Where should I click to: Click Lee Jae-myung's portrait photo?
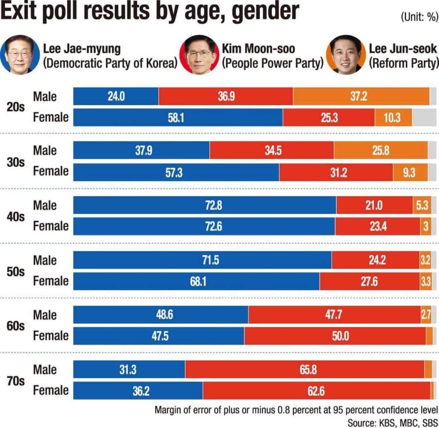pos(20,55)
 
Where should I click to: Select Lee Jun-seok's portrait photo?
pos(346,55)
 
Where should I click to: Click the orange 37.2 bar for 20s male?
pos(361,96)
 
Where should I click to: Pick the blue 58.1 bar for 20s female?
pos(178,117)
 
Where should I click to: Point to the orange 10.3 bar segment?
pos(393,117)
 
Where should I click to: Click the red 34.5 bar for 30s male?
pos(272,151)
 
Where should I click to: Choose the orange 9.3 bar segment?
pos(410,172)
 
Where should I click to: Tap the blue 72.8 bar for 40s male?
pos(204,205)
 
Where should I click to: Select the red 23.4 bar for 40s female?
pos(378,226)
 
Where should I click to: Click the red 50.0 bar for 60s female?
pos(335,336)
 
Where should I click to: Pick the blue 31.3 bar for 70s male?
pos(129,369)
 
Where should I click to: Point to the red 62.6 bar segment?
pos(316,390)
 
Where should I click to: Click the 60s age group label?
pos(16,326)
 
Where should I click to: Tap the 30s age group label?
pos(16,161)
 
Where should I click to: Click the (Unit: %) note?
pos(419,18)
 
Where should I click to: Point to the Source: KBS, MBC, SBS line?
pos(392,422)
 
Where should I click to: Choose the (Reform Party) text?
pos(403,64)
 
